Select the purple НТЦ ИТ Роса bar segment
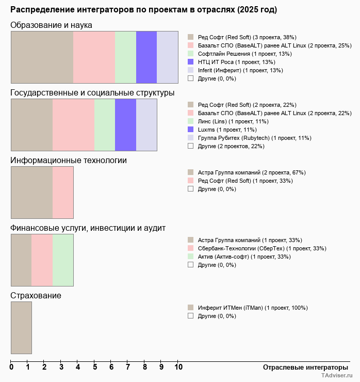(x=146, y=57)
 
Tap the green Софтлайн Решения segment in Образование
(x=125, y=57)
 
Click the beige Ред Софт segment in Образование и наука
(x=42, y=57)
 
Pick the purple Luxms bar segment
(x=125, y=124)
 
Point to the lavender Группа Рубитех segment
(x=146, y=124)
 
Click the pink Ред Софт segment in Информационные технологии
(x=63, y=192)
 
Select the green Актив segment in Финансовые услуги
(x=63, y=260)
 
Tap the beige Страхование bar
(x=21, y=327)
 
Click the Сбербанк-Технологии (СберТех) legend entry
(x=262, y=248)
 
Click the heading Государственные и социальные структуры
(x=92, y=93)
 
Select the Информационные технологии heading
(x=69, y=161)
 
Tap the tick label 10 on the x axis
(x=178, y=368)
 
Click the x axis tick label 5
(x=94, y=368)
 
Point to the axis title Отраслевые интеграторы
(x=302, y=368)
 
